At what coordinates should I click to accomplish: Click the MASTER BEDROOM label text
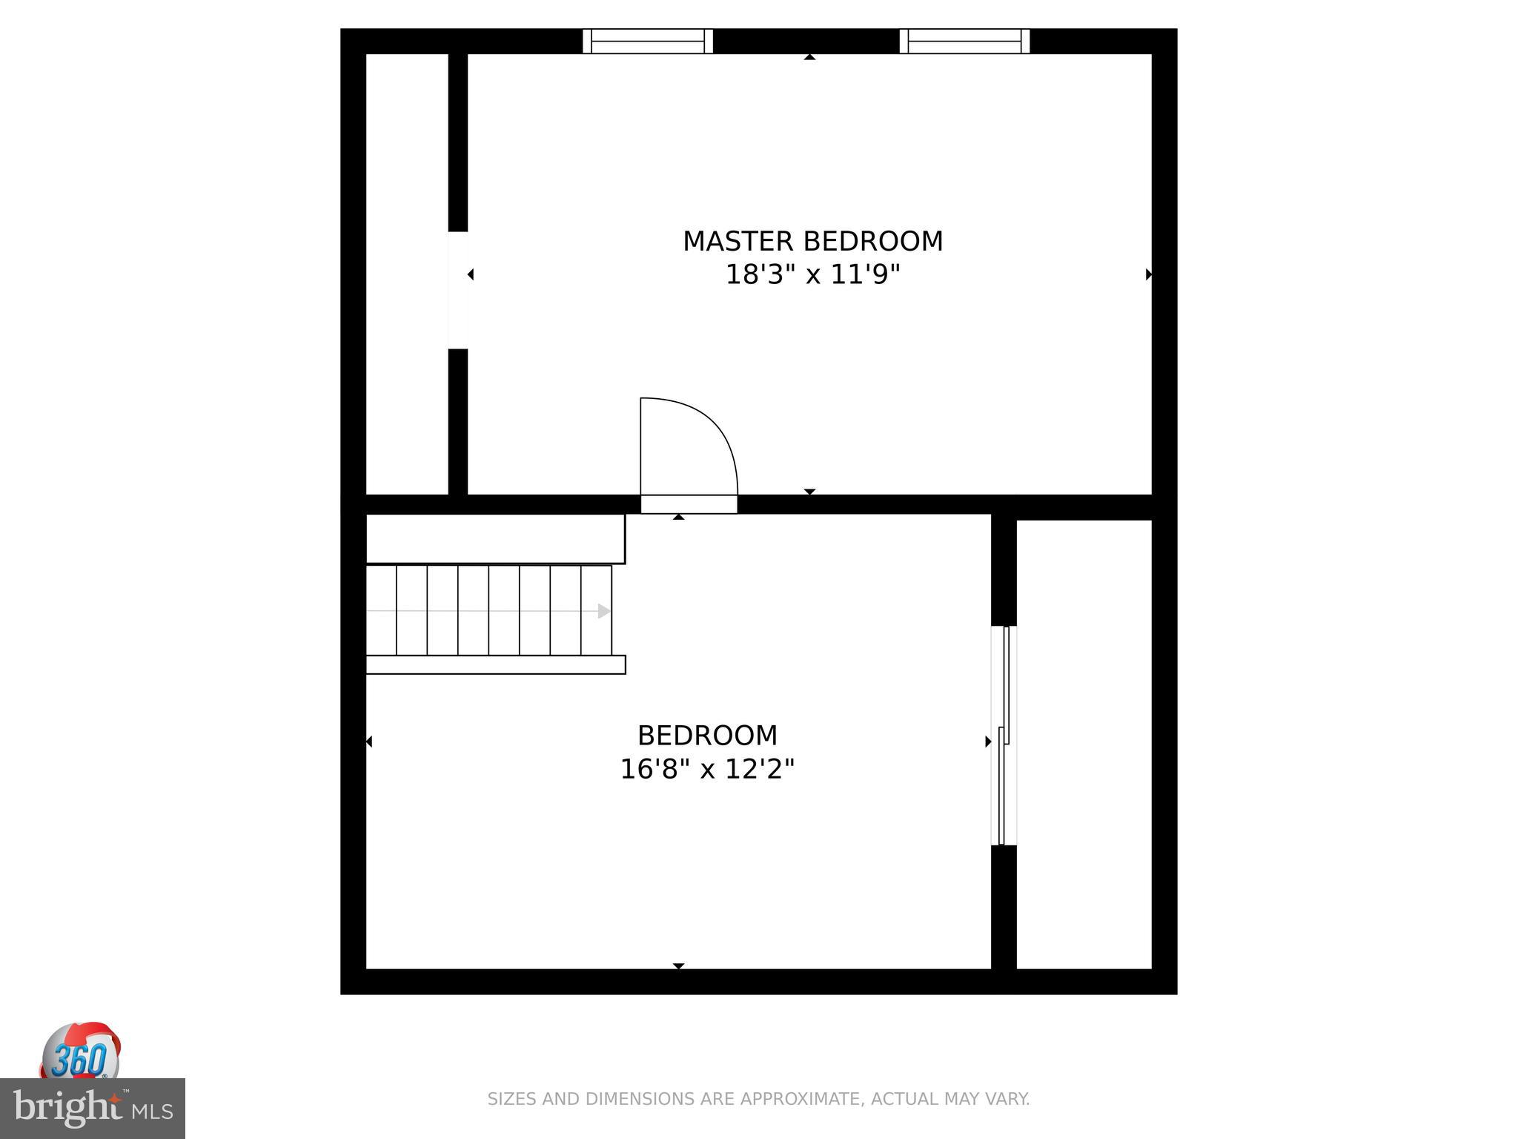pos(812,242)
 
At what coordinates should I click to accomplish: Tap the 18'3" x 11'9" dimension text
pos(812,275)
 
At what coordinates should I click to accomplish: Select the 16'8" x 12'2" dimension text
pos(707,769)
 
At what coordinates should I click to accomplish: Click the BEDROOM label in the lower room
pos(707,736)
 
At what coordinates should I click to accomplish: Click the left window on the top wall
pos(647,42)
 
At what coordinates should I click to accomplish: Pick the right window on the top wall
pos(964,42)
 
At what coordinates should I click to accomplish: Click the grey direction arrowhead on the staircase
pos(604,611)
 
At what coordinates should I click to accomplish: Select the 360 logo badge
pos(79,1053)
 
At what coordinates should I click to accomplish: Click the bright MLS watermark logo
pos(93,1109)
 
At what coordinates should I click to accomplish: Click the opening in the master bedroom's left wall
pos(458,290)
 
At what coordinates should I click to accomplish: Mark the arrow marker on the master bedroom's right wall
pos(1148,274)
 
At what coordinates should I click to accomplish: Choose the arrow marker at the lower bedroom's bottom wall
pos(678,965)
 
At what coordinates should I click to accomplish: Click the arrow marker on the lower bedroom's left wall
pos(369,742)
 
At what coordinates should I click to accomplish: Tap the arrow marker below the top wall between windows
pos(809,57)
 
